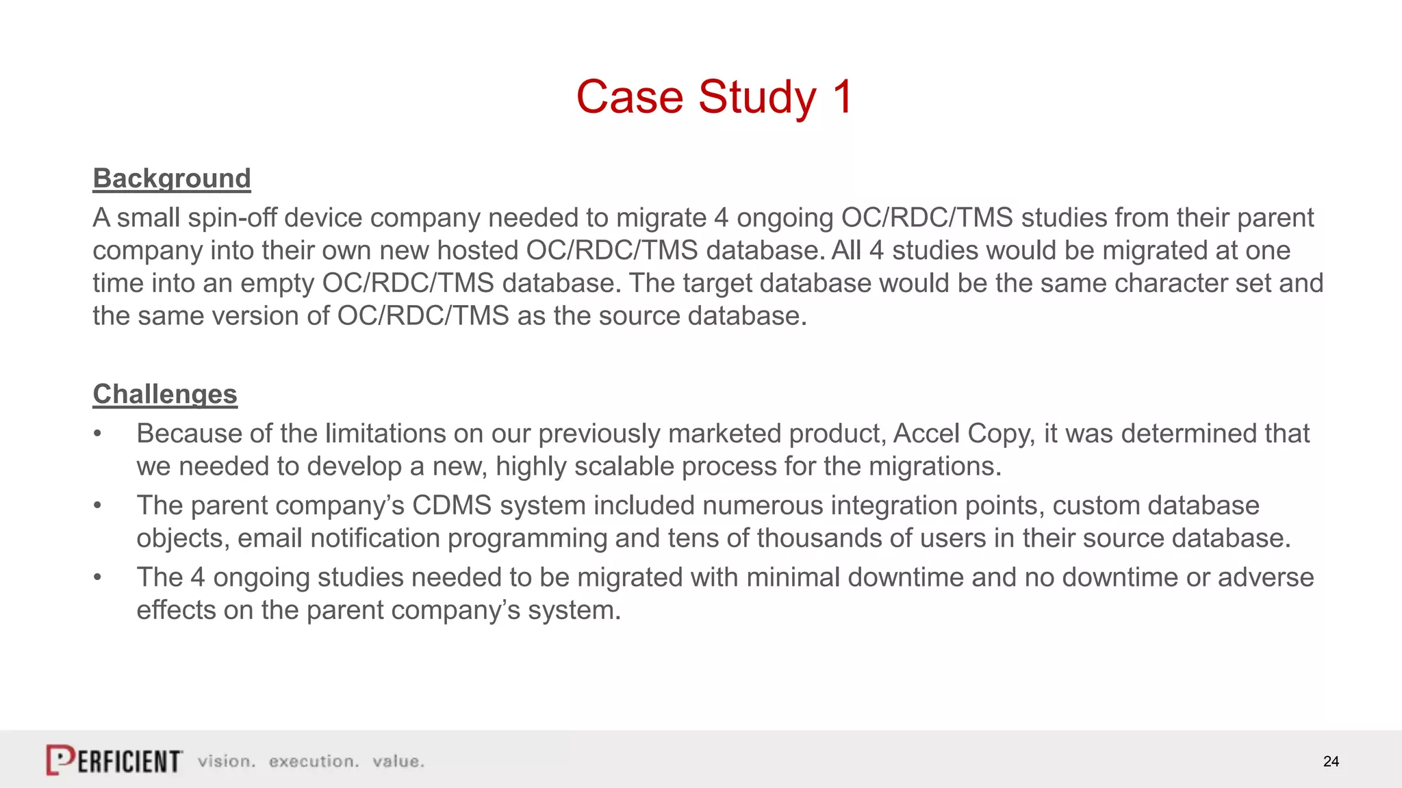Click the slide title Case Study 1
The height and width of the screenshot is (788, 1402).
(x=714, y=96)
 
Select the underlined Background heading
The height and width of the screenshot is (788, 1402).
(x=172, y=179)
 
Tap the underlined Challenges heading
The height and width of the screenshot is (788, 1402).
(x=165, y=395)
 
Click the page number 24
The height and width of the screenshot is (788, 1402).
(x=1331, y=761)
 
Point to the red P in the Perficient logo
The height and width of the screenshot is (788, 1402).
(x=60, y=760)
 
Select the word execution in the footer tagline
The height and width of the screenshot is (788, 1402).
(x=314, y=761)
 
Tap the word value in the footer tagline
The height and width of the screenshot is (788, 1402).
(x=398, y=761)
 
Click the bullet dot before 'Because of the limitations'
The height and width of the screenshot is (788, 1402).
(x=98, y=434)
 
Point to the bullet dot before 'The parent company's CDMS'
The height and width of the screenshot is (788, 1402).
(x=98, y=506)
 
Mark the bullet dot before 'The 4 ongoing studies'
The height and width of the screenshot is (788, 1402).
(x=98, y=578)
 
